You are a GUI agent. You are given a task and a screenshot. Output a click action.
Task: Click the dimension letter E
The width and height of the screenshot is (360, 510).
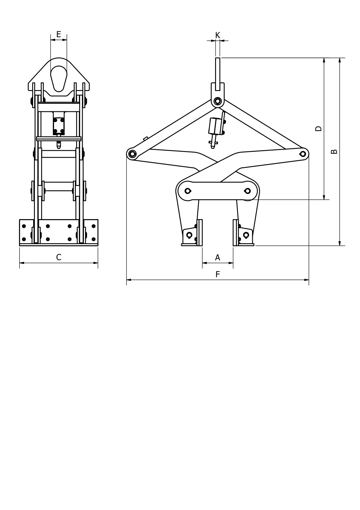click(59, 34)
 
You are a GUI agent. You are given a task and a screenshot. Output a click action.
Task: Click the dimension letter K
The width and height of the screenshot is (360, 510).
click(218, 35)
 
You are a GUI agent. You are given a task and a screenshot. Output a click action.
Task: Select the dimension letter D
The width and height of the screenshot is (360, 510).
click(318, 128)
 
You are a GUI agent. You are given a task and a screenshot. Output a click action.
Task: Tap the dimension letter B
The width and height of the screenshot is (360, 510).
click(334, 151)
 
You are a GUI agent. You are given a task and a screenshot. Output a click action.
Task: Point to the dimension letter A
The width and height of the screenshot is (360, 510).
click(217, 257)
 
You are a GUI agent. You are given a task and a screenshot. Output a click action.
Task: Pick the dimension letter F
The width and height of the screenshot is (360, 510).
click(218, 274)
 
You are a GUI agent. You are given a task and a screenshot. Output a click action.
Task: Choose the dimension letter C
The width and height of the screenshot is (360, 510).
click(59, 257)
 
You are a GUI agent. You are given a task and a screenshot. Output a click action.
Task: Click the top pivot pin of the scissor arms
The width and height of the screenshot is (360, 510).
click(217, 101)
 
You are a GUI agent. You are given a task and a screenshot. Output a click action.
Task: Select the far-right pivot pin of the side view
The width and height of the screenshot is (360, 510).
click(303, 154)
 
